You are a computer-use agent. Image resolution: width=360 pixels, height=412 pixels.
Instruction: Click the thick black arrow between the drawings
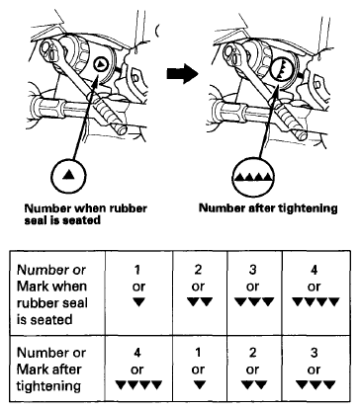pos(182,73)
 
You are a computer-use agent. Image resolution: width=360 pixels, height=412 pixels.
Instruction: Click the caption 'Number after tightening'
pos(268,208)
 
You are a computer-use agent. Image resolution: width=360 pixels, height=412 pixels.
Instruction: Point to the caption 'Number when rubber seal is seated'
pos(86,214)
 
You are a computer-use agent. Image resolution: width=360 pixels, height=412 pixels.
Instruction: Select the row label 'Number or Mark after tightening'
pos(51,370)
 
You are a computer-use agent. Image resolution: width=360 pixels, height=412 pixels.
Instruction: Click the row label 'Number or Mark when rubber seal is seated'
pos(52,294)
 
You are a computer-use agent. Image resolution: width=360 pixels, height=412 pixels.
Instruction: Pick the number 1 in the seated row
pos(137,270)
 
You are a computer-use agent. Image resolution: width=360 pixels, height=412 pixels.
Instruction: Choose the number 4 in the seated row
pos(315,270)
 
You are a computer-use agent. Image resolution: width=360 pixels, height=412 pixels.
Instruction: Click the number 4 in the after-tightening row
pos(137,353)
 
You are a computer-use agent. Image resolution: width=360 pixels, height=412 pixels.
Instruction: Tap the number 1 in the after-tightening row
pos(198,353)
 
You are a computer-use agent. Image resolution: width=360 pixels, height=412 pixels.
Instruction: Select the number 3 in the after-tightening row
pos(315,353)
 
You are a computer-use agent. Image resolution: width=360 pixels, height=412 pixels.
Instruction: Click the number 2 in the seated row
pos(198,270)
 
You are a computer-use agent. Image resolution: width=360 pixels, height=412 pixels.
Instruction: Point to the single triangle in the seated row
pos(138,302)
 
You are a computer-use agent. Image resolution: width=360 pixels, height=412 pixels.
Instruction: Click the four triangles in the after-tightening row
pos(138,384)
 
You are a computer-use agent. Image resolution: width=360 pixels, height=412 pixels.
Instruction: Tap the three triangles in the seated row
pos(254,302)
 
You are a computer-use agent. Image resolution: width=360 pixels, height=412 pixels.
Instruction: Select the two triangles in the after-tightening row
pos(253,384)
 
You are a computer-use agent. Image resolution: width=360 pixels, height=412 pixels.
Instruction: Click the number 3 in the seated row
pos(252,270)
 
